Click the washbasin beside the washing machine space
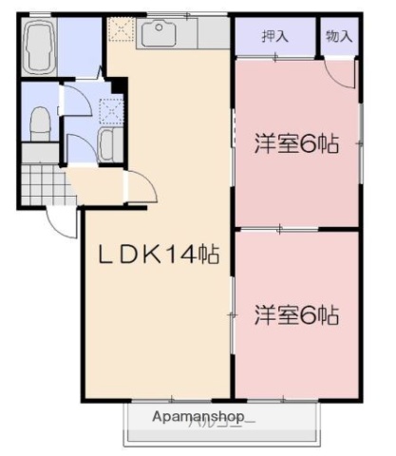(105, 144)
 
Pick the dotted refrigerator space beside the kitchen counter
(122, 31)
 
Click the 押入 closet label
(275, 36)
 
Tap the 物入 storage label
(338, 36)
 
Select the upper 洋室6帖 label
(295, 145)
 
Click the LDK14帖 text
(161, 255)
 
